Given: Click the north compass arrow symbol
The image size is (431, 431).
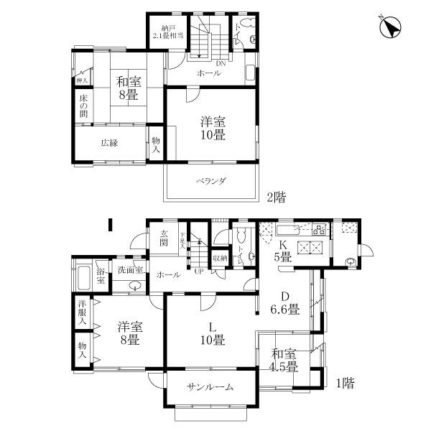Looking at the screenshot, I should (391, 28).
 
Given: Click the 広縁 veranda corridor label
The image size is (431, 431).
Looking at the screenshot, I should (109, 142).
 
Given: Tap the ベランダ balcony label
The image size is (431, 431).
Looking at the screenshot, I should (211, 181).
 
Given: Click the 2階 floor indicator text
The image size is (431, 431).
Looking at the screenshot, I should (277, 196).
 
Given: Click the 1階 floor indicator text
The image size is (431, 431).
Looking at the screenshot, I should (342, 382).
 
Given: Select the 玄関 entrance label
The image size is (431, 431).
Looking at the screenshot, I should (164, 238).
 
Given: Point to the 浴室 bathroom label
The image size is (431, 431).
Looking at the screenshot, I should (101, 275).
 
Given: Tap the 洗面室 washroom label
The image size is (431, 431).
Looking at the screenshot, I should (131, 270).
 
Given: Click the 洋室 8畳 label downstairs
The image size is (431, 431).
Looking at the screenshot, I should (129, 333).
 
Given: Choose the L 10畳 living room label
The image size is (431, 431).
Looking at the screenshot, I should (212, 333).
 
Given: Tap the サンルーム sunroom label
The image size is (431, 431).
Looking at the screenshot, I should (210, 387).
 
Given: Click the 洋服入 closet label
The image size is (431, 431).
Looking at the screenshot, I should (82, 313).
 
